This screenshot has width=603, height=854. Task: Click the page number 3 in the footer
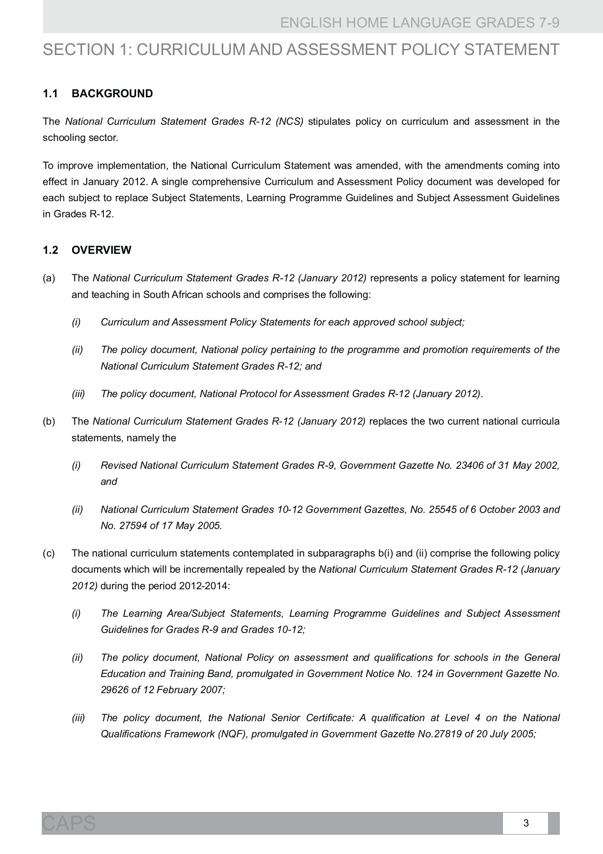(526, 823)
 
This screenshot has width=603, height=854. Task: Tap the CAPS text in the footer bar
(69, 823)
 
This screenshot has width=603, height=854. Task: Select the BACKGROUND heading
(112, 94)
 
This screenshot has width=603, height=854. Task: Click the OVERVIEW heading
(101, 250)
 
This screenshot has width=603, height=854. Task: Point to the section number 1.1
(50, 94)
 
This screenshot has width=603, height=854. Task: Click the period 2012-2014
(204, 586)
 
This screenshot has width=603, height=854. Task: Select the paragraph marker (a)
(49, 278)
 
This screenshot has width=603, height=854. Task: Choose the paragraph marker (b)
(49, 421)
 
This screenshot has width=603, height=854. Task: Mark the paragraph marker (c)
(49, 553)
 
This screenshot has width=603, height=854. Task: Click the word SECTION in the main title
(76, 50)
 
